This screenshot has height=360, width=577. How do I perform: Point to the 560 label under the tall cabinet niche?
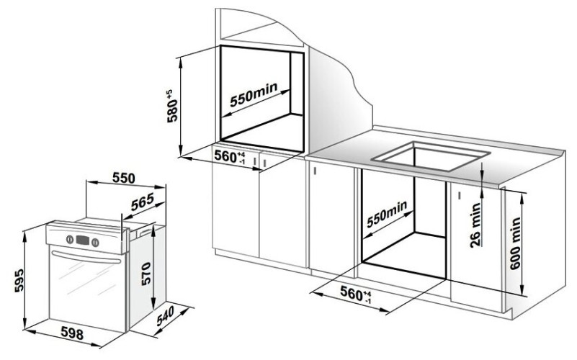tap(231, 156)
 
